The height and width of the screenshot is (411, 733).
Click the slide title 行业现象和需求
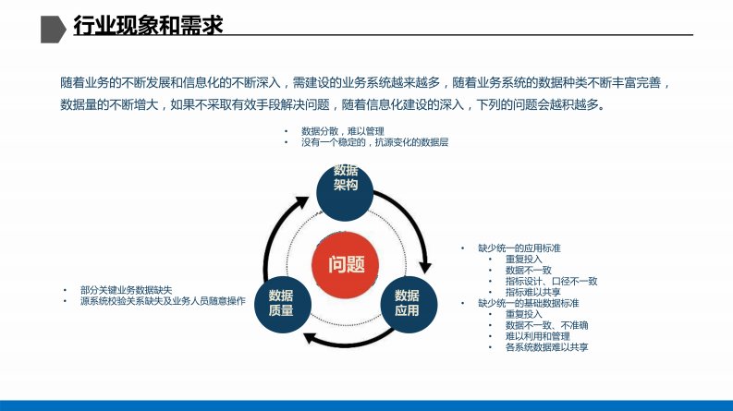148,25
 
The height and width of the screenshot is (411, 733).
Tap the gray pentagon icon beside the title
54,30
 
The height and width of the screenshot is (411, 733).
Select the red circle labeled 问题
346,264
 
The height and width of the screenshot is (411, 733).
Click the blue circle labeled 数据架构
345,192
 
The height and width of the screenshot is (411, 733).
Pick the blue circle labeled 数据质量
283,305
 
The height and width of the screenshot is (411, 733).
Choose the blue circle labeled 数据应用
409,305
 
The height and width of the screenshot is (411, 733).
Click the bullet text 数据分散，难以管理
343,131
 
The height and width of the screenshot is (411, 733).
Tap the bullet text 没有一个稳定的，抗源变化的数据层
375,142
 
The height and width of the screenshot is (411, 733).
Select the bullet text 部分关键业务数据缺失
127,290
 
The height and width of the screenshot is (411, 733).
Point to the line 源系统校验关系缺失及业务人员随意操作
163,301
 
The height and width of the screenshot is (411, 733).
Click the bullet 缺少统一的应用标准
519,248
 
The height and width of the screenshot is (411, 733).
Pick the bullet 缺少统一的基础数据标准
529,303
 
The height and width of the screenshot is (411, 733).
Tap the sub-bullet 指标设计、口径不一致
552,281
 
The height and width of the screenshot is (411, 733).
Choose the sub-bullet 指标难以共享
533,293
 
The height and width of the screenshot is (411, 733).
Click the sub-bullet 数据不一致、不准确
547,325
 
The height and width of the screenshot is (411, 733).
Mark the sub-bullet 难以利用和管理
538,336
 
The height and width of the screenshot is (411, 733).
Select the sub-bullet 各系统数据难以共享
547,347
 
